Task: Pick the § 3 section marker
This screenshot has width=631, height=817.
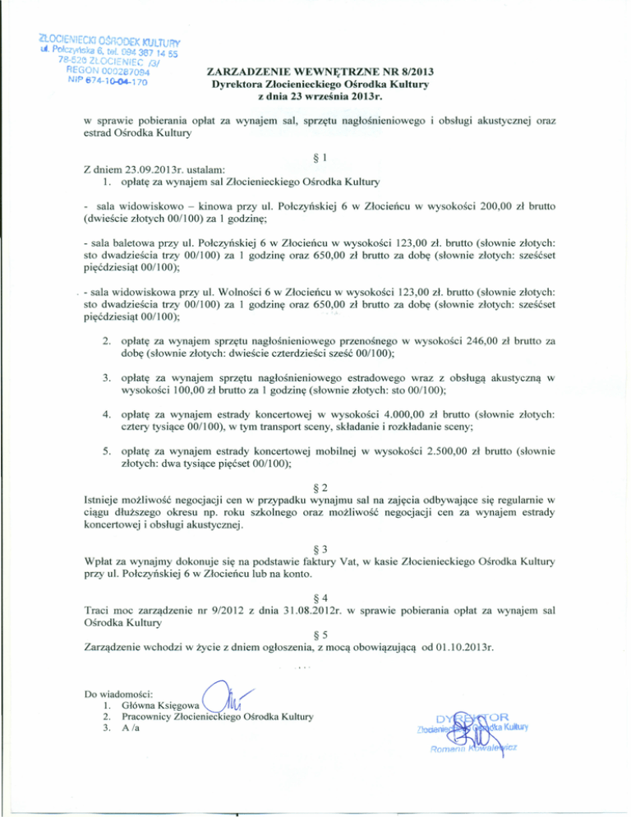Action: [x=317, y=548]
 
